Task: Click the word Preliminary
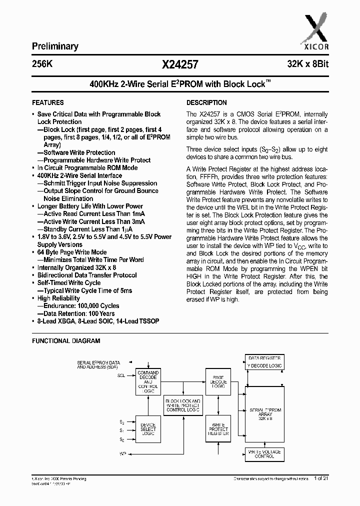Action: (x=55, y=46)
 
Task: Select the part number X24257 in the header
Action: (x=180, y=64)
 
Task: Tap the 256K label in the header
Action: (x=41, y=64)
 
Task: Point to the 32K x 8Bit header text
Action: (x=307, y=64)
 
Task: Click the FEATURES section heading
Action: (x=48, y=102)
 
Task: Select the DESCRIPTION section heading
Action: (x=203, y=102)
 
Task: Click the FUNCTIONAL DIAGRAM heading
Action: (x=66, y=341)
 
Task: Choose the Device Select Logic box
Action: (x=148, y=429)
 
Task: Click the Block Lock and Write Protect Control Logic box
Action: (x=183, y=405)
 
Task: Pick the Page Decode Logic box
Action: (x=218, y=382)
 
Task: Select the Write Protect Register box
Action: (x=218, y=428)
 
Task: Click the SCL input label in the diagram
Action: (x=121, y=374)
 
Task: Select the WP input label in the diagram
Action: (x=122, y=453)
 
